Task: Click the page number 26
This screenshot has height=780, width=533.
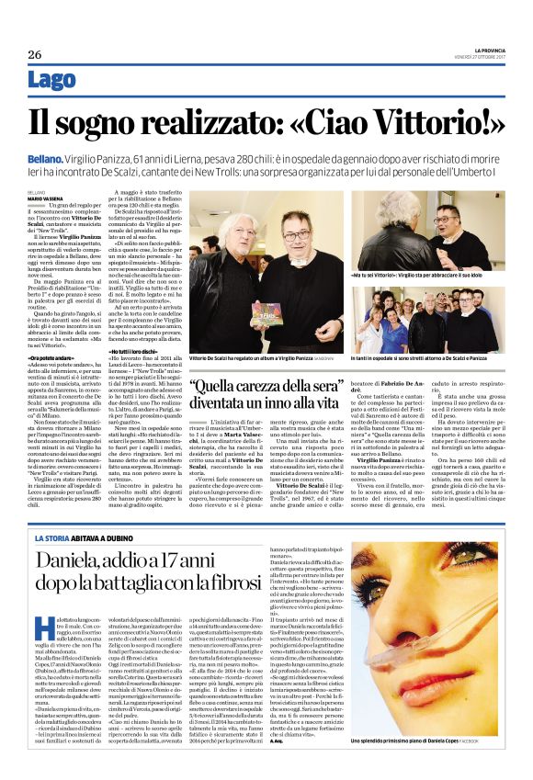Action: pos(36,54)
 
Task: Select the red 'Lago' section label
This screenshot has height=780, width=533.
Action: pos(52,81)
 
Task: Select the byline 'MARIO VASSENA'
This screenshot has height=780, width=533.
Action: pos(46,198)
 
